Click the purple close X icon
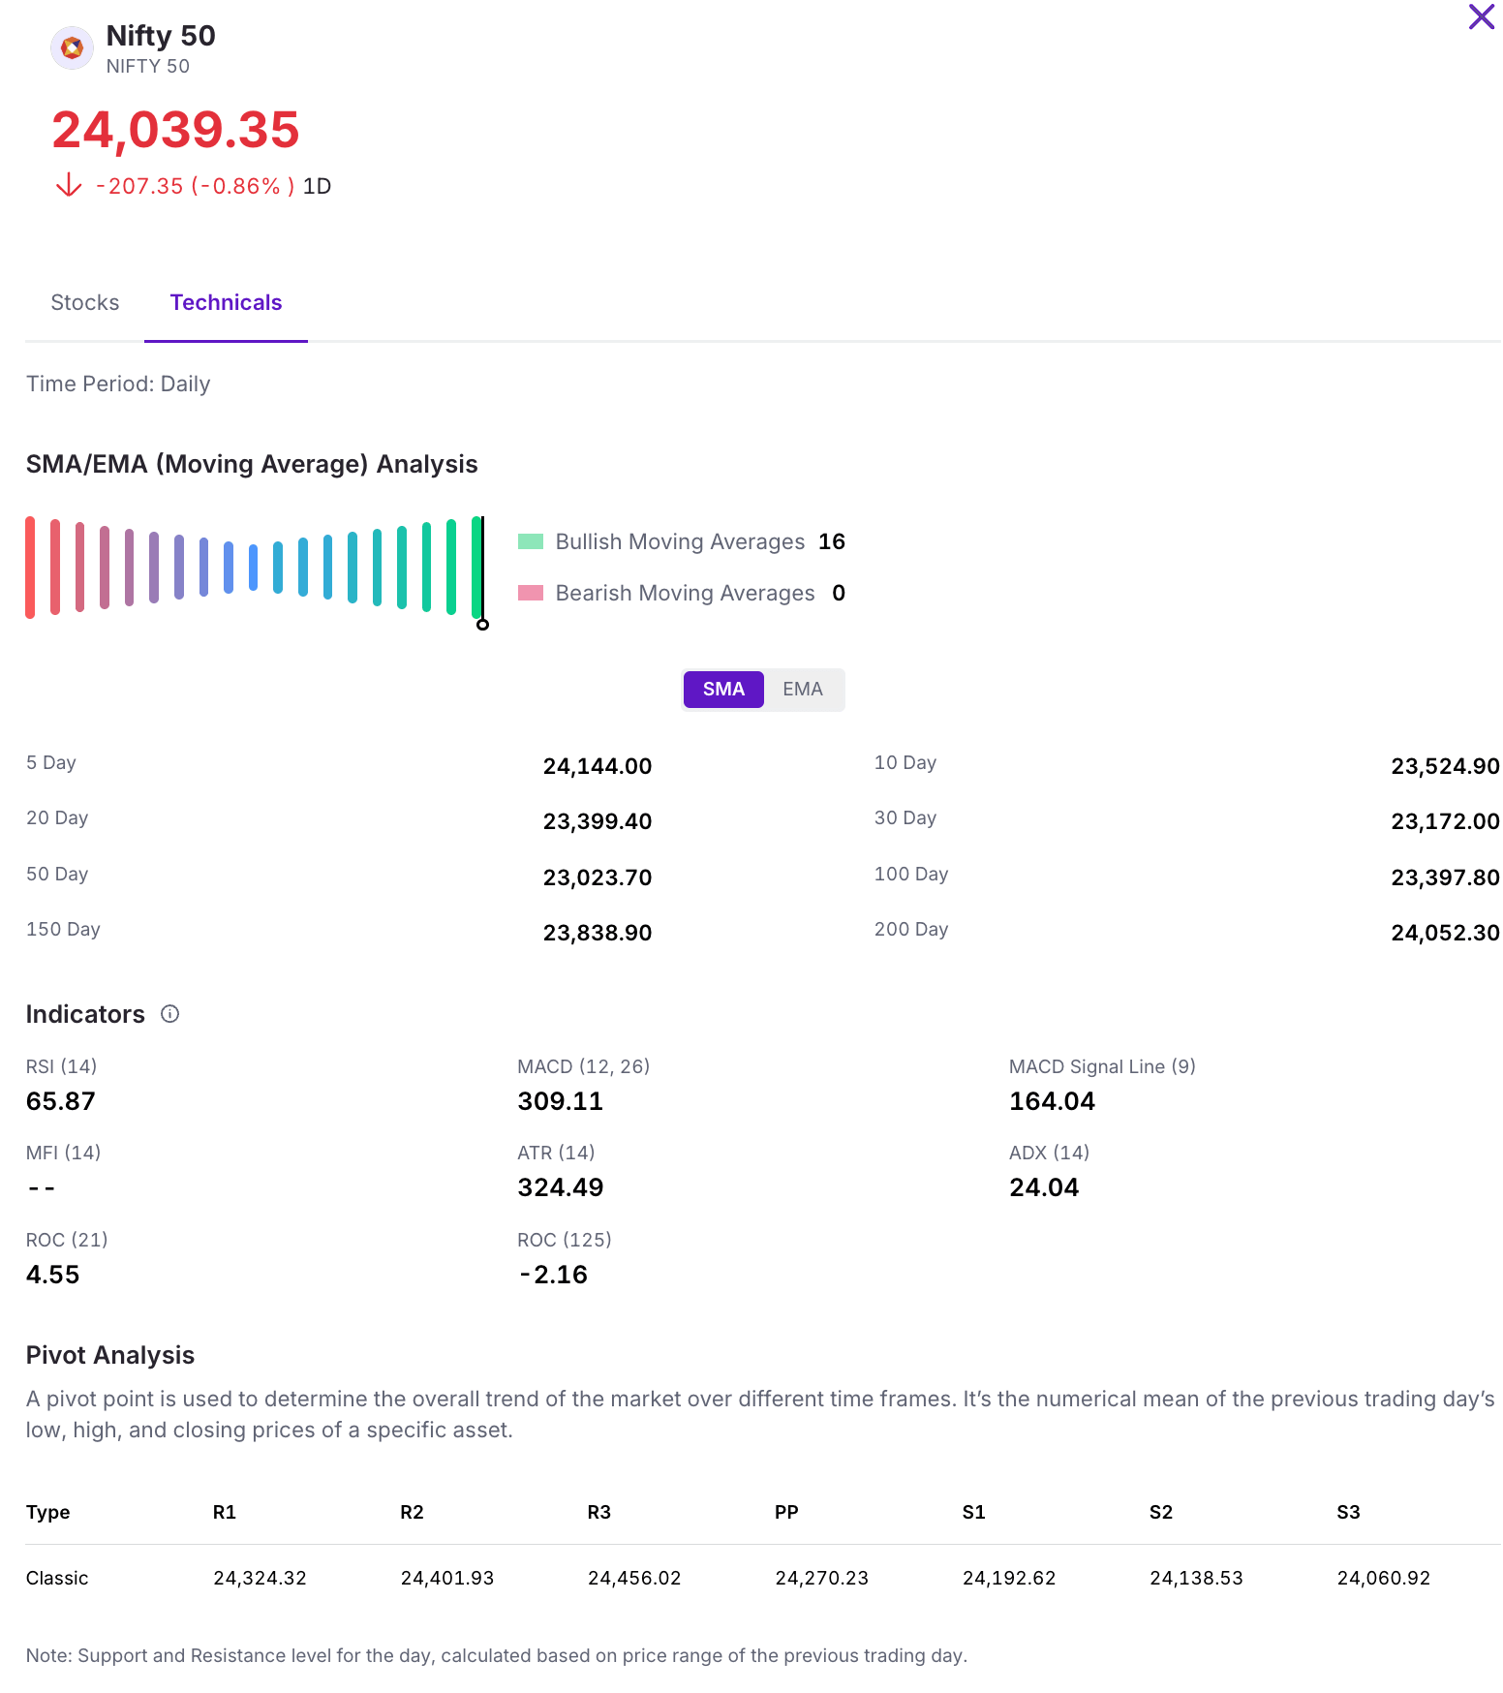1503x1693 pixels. pyautogui.click(x=1481, y=17)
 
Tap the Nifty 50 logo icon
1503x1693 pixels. pyautogui.click(x=72, y=47)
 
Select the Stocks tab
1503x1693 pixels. pyautogui.click(x=85, y=303)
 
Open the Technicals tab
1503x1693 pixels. pyautogui.click(x=226, y=303)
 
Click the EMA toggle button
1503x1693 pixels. pyautogui.click(x=803, y=690)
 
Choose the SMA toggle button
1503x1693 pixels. pyautogui.click(x=723, y=690)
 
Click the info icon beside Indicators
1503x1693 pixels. pyautogui.click(x=169, y=1014)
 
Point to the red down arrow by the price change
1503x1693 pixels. pyautogui.click(x=69, y=185)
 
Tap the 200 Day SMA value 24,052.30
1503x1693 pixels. pyautogui.click(x=1445, y=933)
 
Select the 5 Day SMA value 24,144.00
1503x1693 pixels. pyautogui.click(x=597, y=766)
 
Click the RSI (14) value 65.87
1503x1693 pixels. pyautogui.click(x=61, y=1101)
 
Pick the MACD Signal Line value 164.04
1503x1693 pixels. pyautogui.click(x=1052, y=1101)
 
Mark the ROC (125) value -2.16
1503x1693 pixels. pyautogui.click(x=553, y=1275)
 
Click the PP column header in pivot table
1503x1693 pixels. pyautogui.click(x=786, y=1512)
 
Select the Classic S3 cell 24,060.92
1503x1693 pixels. pyautogui.click(x=1383, y=1578)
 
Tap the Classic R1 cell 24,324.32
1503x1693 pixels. pyautogui.click(x=260, y=1578)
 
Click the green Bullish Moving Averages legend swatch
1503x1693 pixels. pyautogui.click(x=531, y=541)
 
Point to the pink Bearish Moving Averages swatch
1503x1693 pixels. pyautogui.click(x=531, y=593)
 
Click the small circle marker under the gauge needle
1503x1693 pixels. pyautogui.click(x=482, y=625)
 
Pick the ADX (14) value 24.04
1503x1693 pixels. pyautogui.click(x=1044, y=1187)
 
